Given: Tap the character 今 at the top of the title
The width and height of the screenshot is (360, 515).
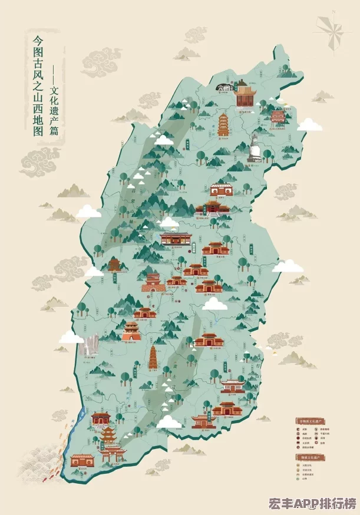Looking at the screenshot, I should click(x=37, y=42).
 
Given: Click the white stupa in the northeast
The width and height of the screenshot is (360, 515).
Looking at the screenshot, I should click(x=254, y=150).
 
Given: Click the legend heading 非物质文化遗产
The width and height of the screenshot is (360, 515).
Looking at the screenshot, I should click(x=310, y=421).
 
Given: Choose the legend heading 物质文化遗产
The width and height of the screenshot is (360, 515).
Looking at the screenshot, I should click(x=310, y=457).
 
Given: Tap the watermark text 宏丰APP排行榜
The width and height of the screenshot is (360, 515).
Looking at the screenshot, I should click(x=312, y=504).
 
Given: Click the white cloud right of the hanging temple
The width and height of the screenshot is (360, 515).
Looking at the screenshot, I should click(x=309, y=124).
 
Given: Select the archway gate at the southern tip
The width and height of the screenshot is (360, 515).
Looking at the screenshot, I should click(x=113, y=454).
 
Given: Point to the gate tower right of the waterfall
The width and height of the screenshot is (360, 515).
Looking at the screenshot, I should click(x=131, y=331).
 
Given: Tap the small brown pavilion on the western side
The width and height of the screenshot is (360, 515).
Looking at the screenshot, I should click(x=114, y=265).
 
